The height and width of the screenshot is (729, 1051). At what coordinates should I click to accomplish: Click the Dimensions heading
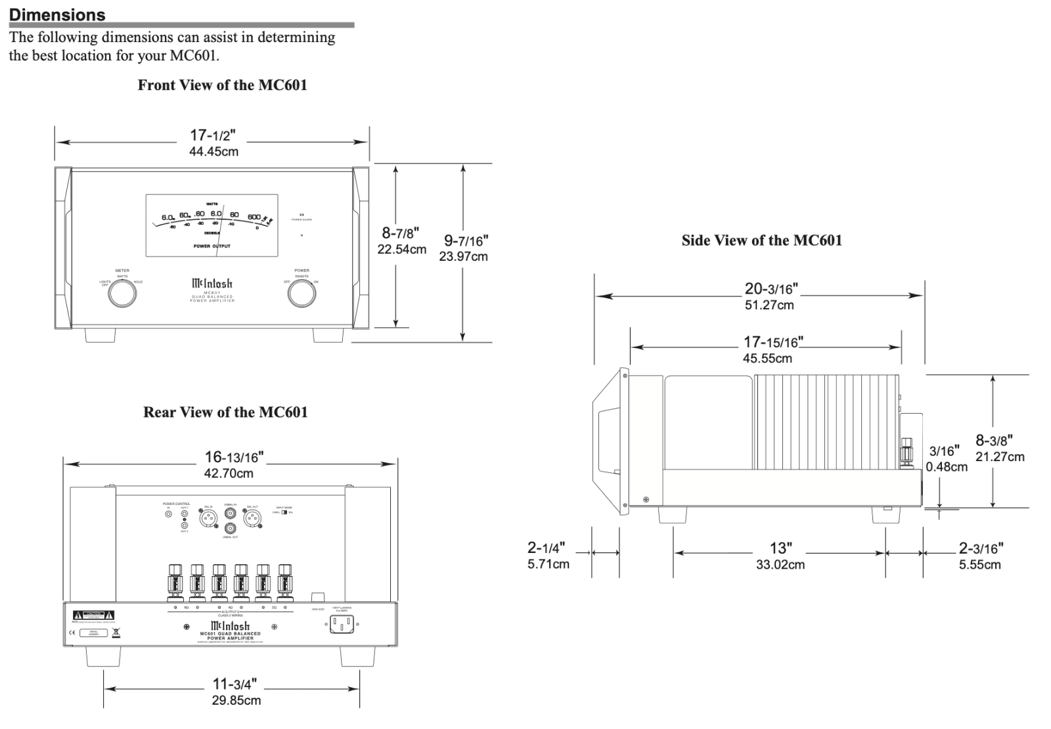pos(57,14)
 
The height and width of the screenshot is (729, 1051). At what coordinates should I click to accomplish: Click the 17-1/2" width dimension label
pos(213,136)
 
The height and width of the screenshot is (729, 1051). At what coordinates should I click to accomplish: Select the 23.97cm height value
pos(463,257)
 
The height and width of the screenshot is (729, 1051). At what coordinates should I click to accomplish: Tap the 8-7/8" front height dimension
pos(401,233)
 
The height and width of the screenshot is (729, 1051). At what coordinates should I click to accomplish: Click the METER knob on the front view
pos(122,295)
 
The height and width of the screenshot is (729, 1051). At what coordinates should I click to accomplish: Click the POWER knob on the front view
pos(302,295)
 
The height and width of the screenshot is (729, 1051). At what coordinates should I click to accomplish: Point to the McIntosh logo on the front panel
pos(212,284)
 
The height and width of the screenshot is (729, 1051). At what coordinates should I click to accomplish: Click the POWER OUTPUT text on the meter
pos(212,246)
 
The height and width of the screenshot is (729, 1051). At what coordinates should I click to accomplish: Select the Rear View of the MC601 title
pos(225,412)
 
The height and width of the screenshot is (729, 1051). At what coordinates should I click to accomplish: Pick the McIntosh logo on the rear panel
pos(230,627)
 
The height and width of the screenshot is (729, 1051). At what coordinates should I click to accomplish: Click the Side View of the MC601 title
pos(761,240)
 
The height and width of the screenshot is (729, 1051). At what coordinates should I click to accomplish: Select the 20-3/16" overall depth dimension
pos(771,289)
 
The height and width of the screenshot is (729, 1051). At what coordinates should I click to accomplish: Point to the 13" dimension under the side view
pos(780,548)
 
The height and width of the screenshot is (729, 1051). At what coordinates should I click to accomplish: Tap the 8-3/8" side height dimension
pos(994,441)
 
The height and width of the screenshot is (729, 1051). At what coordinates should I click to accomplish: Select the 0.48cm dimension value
pos(947,467)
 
